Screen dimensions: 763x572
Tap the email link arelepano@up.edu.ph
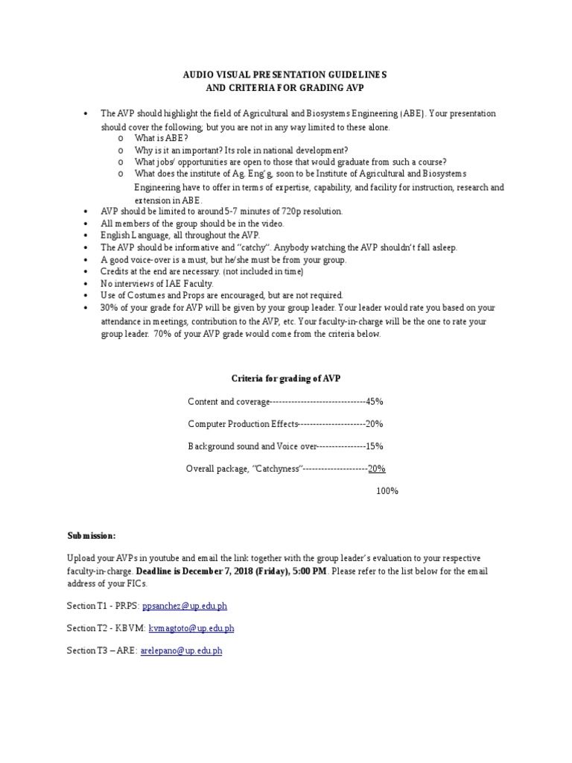coord(181,650)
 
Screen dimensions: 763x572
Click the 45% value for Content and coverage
coord(375,402)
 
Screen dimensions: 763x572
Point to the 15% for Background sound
coord(375,446)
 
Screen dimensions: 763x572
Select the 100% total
coord(387,491)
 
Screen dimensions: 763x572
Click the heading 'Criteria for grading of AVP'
coord(285,379)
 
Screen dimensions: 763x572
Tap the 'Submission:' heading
coord(92,536)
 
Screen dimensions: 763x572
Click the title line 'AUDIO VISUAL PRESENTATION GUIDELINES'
coord(285,75)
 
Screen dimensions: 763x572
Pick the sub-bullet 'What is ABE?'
coord(161,138)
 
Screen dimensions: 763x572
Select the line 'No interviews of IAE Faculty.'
coord(156,283)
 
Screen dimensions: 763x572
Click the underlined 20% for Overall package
coord(376,469)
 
